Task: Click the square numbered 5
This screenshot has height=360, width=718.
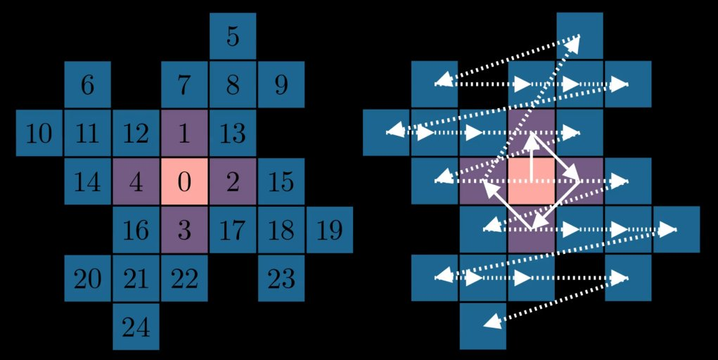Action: coord(233,36)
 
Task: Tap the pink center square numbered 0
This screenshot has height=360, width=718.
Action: coord(184,181)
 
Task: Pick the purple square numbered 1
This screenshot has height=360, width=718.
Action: coord(184,133)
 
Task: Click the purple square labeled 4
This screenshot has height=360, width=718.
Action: coord(136,181)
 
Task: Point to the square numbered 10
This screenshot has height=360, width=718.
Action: coord(39,133)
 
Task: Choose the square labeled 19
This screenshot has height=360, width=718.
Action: coord(329,230)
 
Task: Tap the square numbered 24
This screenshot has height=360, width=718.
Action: coord(136,326)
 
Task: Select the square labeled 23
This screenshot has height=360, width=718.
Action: coord(281,278)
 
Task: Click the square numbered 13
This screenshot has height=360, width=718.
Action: coord(233,133)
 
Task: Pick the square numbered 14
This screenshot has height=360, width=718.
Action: coord(88,181)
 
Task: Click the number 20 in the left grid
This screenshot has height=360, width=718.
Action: coord(88,279)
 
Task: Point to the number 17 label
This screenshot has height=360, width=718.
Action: coord(233,230)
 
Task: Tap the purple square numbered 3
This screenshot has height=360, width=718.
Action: coord(184,230)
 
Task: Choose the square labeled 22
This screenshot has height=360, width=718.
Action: coord(184,278)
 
